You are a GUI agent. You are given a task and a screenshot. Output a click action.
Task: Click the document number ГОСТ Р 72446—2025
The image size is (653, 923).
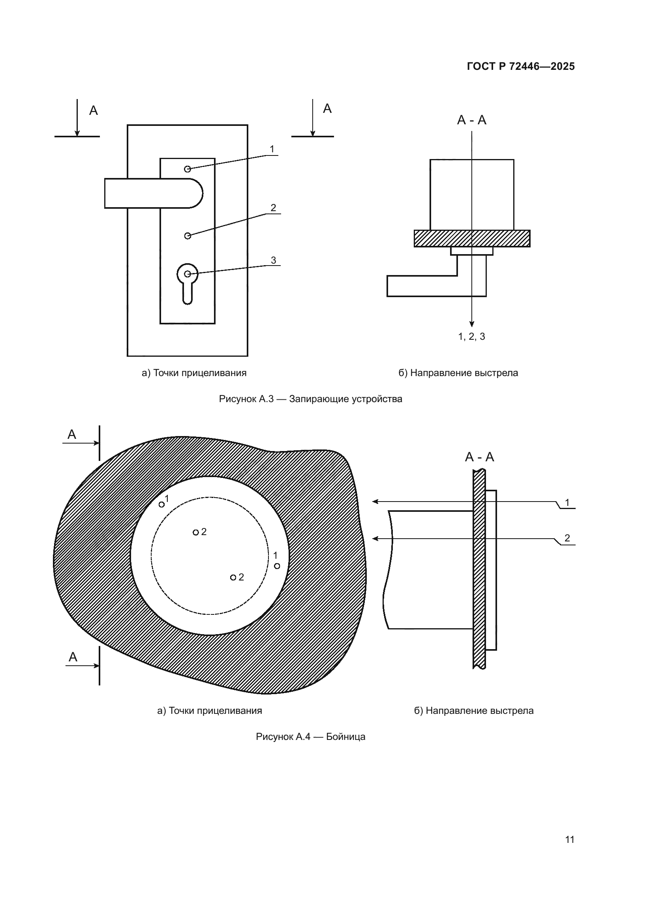[x=521, y=66]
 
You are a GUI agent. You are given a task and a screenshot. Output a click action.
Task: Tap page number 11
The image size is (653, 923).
[x=569, y=839]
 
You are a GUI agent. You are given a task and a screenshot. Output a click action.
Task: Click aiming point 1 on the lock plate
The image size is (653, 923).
[x=188, y=169]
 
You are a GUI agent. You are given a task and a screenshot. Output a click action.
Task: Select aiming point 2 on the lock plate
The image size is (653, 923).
[x=188, y=236]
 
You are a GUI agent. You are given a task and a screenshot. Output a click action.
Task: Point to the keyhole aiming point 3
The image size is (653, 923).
[x=188, y=274]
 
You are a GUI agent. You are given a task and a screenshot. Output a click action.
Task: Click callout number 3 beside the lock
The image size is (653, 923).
[x=274, y=260]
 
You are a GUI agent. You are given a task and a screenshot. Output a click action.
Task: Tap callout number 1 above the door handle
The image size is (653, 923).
[x=272, y=149]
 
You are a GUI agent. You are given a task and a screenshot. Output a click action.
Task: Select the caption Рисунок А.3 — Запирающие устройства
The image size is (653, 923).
[x=310, y=399]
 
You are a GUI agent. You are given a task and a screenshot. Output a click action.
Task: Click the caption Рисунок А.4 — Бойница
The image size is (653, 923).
[x=310, y=736]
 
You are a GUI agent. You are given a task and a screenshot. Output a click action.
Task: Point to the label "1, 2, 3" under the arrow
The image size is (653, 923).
[x=472, y=337]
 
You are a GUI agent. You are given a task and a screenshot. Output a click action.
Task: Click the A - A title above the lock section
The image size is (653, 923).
[x=472, y=120]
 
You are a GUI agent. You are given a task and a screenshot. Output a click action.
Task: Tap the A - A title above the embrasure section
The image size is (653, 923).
[x=479, y=457]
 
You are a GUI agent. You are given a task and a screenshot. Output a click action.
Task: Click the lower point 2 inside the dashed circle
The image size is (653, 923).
[x=233, y=577]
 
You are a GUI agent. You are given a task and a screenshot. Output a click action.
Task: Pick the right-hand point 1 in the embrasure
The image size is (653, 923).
[x=277, y=566]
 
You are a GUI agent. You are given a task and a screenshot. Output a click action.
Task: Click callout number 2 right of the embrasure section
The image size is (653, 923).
[x=567, y=538]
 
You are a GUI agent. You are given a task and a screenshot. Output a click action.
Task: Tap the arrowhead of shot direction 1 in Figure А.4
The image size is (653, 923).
[x=375, y=501]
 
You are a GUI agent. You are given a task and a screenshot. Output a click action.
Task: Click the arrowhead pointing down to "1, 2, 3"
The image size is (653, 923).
[x=472, y=324]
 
